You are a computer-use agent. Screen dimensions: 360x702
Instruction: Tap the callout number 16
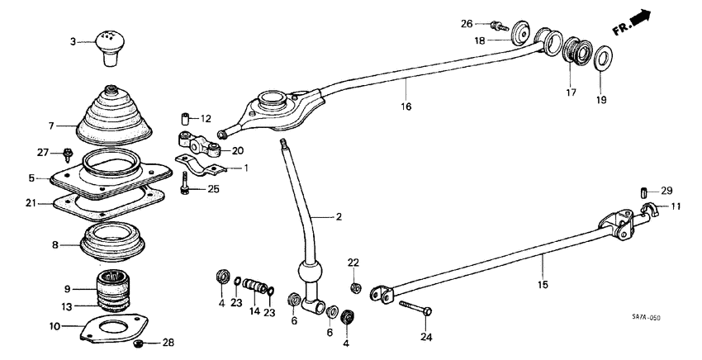[406, 107]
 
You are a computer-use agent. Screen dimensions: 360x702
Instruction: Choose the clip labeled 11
[648, 212]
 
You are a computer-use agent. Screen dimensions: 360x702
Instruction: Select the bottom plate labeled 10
[112, 329]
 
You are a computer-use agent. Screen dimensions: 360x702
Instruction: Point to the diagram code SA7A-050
[647, 318]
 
